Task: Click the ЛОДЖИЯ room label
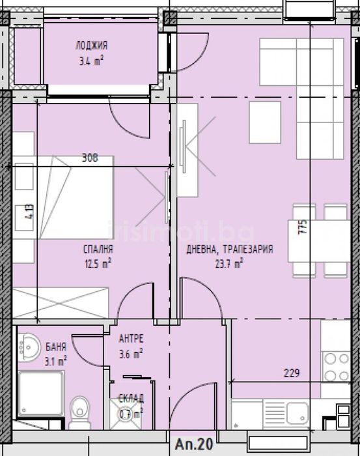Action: click(91, 46)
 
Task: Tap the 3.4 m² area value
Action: click(91, 59)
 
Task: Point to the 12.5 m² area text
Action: click(98, 263)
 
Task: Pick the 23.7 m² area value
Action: click(228, 263)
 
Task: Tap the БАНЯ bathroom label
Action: click(57, 347)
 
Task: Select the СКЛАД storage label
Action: click(131, 399)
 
